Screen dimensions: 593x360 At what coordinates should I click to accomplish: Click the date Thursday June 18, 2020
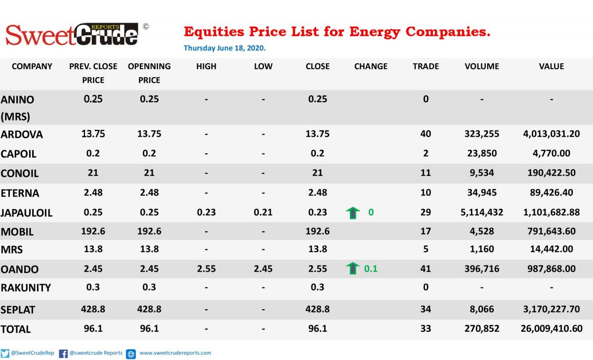224,48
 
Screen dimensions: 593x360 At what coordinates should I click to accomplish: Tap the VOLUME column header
482,66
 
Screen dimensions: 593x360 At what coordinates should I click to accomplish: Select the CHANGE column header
371,66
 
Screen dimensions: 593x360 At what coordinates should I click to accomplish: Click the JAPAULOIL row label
27,213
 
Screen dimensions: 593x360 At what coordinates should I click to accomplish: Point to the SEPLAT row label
18,310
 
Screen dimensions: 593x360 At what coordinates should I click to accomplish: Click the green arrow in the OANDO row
353,268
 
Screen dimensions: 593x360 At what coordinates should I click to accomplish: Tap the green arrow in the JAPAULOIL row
353,213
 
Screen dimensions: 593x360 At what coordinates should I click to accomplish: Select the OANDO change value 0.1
371,269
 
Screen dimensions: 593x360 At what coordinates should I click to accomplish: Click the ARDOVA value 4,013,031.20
551,134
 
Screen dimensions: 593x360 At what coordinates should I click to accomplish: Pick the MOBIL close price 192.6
317,231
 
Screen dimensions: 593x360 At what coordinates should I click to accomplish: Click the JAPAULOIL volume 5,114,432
482,212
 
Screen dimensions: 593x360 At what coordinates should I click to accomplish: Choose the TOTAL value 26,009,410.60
551,328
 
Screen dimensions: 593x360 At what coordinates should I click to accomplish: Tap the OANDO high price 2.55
206,269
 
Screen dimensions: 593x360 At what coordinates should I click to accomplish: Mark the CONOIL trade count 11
425,173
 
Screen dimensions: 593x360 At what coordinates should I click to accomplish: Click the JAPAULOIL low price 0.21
263,212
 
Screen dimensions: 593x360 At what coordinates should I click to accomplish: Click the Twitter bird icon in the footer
5,354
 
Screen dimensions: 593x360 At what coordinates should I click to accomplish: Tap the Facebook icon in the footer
63,354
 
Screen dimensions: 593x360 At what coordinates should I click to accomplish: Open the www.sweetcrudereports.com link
175,353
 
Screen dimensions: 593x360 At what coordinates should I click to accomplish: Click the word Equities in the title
214,32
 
